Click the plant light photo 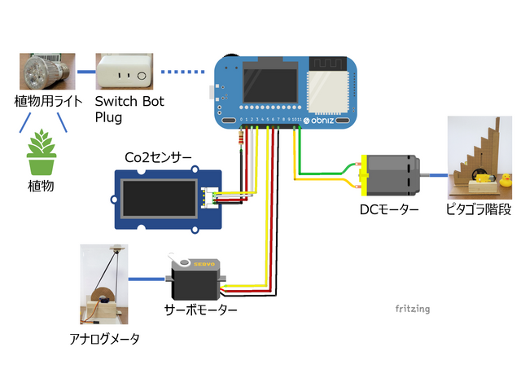(47, 72)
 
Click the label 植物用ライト (47, 102)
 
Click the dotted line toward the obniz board (182, 72)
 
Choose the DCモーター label (389, 209)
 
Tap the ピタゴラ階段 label (481, 209)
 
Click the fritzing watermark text (412, 309)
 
